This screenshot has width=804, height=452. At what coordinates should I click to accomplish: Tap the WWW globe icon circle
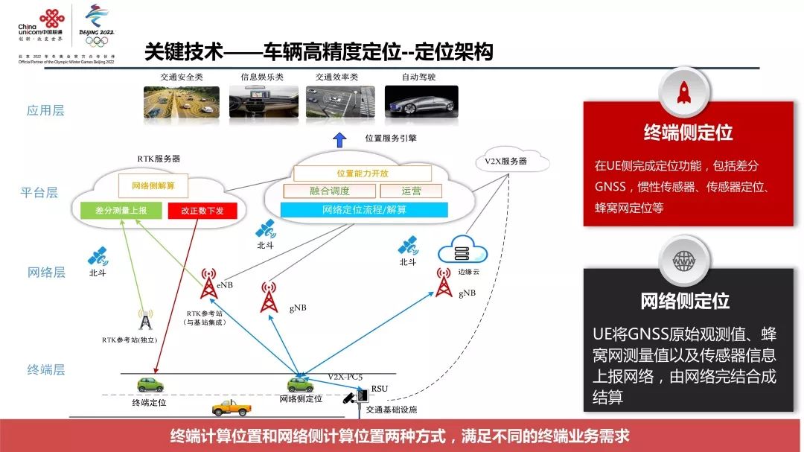(x=683, y=261)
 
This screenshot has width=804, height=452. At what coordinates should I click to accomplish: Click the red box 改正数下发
(x=197, y=211)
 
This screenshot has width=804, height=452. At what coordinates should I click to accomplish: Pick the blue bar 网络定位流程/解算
(x=364, y=210)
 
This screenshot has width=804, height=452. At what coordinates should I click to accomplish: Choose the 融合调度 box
(x=329, y=191)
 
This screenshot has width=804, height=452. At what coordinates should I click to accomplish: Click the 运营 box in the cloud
(x=411, y=191)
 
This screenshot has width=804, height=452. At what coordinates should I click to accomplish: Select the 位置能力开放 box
(x=363, y=174)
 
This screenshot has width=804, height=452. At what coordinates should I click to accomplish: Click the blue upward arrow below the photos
(x=339, y=139)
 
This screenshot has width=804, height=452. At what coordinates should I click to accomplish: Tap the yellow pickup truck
(x=232, y=407)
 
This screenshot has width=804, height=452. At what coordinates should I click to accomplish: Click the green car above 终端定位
(x=150, y=384)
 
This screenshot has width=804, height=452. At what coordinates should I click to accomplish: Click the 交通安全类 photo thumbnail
(x=181, y=103)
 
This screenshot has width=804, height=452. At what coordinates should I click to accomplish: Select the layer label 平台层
(x=39, y=193)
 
